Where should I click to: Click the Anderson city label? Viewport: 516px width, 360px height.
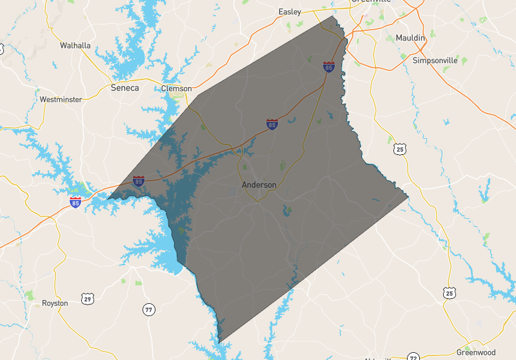pyautogui.click(x=259, y=185)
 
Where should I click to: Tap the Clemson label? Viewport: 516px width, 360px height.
pyautogui.click(x=176, y=88)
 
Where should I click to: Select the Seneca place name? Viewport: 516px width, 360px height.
pyautogui.click(x=124, y=88)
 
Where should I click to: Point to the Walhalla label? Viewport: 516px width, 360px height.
pyautogui.click(x=75, y=45)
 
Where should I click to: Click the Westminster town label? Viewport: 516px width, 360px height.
pyautogui.click(x=61, y=99)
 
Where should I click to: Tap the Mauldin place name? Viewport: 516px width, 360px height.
pyautogui.click(x=410, y=38)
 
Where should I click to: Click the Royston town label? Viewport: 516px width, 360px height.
pyautogui.click(x=55, y=303)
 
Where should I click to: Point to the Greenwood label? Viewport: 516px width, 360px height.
pyautogui.click(x=476, y=352)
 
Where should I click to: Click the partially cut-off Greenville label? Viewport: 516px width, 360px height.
pyautogui.click(x=372, y=2)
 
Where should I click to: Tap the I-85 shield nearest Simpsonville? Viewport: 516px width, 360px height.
pyautogui.click(x=329, y=66)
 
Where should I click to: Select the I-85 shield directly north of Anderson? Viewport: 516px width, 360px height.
pyautogui.click(x=272, y=124)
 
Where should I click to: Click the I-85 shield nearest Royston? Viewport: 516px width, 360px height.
pyautogui.click(x=76, y=203)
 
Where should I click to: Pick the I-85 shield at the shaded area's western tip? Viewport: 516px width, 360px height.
pyautogui.click(x=139, y=181)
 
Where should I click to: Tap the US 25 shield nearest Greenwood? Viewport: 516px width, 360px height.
pyautogui.click(x=449, y=294)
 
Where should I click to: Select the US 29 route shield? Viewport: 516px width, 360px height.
pyautogui.click(x=88, y=298)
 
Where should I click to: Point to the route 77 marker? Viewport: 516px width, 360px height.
pyautogui.click(x=149, y=310)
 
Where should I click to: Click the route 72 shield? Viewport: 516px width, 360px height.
pyautogui.click(x=413, y=356)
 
